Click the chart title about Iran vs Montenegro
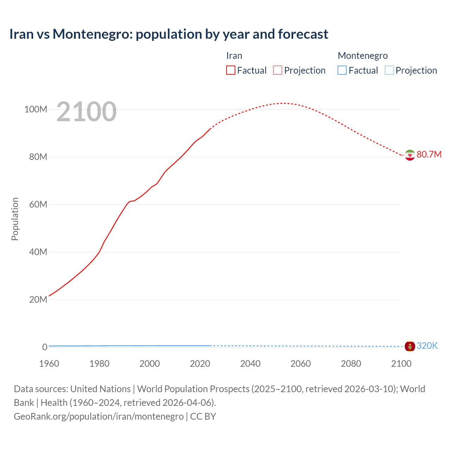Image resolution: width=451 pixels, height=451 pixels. (x=169, y=34)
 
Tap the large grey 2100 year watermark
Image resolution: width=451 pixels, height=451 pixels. (x=86, y=112)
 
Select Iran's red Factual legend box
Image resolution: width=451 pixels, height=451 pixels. (x=230, y=70)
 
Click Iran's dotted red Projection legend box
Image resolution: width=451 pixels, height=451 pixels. (x=278, y=70)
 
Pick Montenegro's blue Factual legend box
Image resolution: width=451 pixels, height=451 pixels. (x=342, y=70)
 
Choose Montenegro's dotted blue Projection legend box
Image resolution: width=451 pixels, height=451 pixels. (x=389, y=70)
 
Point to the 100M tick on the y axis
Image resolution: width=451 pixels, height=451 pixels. (x=36, y=110)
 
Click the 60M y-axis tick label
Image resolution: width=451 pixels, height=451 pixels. (x=38, y=205)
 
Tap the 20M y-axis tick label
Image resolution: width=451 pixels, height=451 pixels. (x=38, y=300)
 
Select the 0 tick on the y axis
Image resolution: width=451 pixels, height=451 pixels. (x=45, y=347)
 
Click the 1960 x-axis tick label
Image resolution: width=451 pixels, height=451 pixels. (x=49, y=364)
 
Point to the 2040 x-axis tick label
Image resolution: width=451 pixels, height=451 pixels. (x=250, y=364)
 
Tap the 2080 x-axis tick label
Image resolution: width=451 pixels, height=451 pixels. (x=351, y=364)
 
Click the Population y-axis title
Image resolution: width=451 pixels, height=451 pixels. (x=15, y=219)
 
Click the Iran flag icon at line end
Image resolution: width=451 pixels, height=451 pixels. (x=410, y=155)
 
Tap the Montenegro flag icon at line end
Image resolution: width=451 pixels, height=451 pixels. (x=410, y=346)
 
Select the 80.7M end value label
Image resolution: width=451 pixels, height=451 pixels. (x=429, y=155)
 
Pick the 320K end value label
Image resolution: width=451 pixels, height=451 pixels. (x=427, y=346)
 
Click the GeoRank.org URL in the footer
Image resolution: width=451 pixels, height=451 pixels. (x=99, y=416)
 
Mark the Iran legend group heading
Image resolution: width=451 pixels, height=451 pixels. (x=234, y=56)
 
